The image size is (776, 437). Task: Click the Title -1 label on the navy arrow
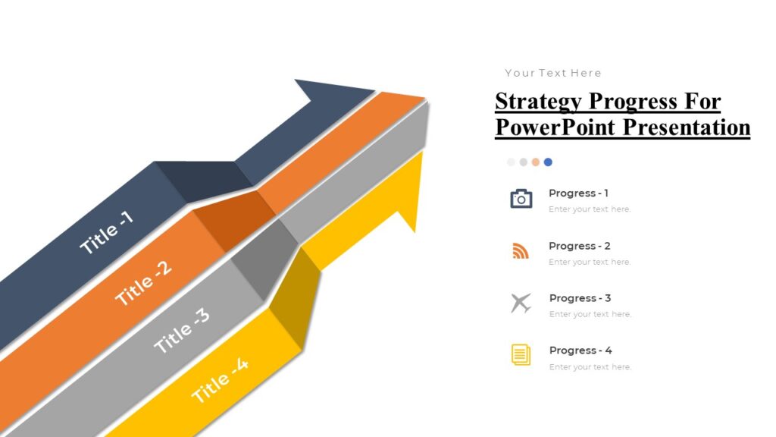[107, 232]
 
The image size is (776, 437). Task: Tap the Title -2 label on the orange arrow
[143, 283]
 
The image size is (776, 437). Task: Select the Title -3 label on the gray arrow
[182, 330]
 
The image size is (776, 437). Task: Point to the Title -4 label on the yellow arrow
[220, 380]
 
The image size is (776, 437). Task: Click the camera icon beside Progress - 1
[521, 199]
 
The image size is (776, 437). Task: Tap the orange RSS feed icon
[521, 251]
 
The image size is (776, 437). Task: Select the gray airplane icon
[521, 303]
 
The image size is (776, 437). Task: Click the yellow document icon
[521, 354]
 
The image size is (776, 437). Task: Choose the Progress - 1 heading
[578, 193]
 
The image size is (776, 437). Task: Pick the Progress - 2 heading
[579, 246]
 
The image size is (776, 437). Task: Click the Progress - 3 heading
[580, 298]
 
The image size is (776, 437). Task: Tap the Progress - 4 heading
[580, 351]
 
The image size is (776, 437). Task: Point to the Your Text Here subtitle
[553, 73]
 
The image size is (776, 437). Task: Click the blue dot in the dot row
[548, 162]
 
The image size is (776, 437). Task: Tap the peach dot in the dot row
[536, 162]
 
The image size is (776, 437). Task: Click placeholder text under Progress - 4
[590, 367]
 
